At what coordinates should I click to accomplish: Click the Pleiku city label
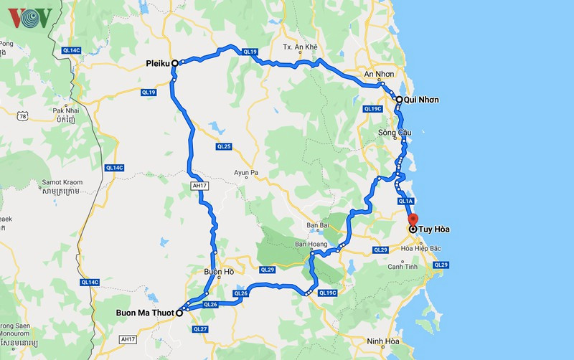click(156, 63)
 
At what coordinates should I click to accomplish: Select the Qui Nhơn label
click(421, 100)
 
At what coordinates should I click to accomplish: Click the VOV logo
click(29, 17)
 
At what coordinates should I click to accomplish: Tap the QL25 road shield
click(224, 146)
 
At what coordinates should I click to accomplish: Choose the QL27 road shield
click(199, 329)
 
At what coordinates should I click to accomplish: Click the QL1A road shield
click(406, 202)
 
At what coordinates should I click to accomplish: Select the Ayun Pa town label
click(250, 172)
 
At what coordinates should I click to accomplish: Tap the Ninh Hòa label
click(381, 341)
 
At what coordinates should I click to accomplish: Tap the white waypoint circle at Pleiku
click(175, 63)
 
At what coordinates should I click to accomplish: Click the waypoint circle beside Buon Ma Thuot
click(179, 313)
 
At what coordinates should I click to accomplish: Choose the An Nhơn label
click(380, 75)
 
